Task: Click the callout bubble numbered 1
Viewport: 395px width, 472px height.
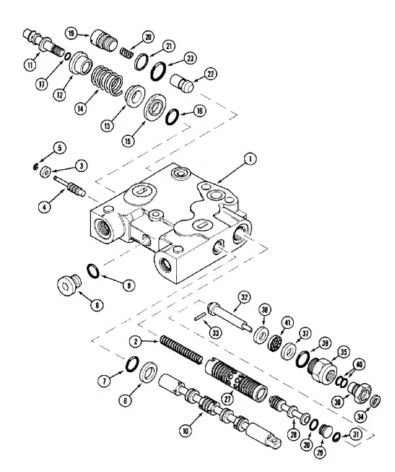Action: point(250,159)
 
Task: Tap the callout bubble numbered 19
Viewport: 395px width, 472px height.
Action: point(71,33)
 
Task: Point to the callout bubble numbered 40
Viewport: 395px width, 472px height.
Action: point(359,364)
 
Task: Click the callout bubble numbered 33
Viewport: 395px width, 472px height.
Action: point(215,332)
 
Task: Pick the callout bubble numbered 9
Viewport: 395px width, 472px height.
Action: point(129,285)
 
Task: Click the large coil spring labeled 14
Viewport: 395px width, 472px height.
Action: point(107,80)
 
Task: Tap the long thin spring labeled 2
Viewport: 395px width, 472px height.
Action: point(181,350)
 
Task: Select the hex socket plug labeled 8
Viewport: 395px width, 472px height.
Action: point(69,285)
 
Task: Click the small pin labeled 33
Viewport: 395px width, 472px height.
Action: point(200,317)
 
